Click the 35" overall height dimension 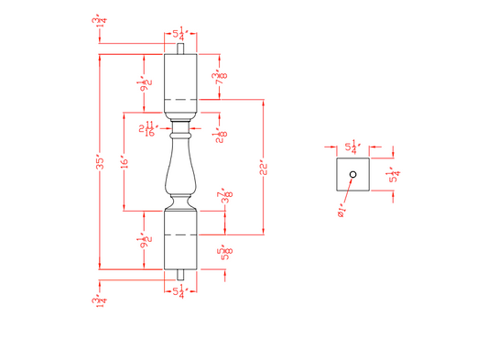[103, 162]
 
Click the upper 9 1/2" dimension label [145, 84]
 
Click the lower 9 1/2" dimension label [145, 242]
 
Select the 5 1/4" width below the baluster [180, 293]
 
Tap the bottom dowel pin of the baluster [180, 275]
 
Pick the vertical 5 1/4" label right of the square [394, 174]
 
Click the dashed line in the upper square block [180, 98]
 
